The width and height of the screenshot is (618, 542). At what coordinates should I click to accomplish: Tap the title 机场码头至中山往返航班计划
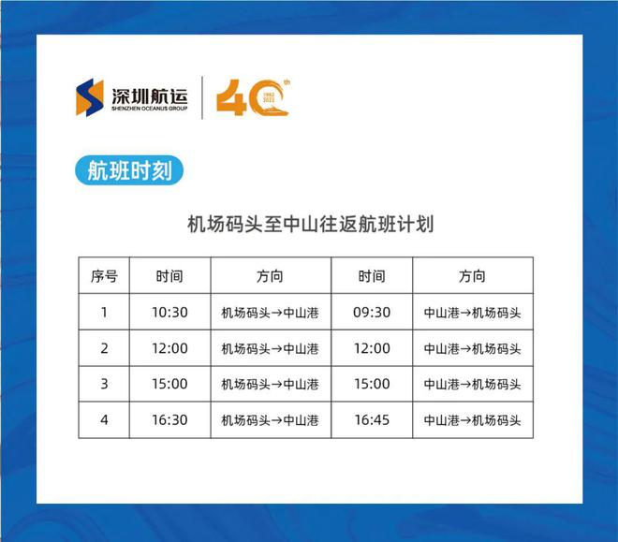coord(310,225)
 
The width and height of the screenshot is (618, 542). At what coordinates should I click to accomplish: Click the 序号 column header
coord(104,276)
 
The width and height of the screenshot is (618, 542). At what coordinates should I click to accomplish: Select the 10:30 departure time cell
coord(169,313)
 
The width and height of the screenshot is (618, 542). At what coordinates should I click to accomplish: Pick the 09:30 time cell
coord(372,313)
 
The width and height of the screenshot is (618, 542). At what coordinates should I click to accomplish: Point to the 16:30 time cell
coord(169,420)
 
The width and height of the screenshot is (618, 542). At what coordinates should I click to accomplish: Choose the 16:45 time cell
coord(372,420)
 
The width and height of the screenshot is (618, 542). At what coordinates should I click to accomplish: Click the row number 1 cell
coord(104,313)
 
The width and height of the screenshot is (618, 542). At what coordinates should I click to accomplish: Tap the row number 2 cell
coord(104,348)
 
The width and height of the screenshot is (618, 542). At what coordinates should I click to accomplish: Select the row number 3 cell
coord(104,384)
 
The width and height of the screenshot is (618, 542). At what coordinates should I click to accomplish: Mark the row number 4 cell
coord(104,420)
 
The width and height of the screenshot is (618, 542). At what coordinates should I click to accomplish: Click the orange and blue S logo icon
coord(91,97)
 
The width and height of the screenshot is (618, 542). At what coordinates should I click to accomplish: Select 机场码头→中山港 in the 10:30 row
coord(271,313)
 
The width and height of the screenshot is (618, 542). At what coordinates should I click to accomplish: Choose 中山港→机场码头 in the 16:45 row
coord(472,420)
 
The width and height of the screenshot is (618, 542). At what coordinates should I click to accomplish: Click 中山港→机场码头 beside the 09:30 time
coord(472,313)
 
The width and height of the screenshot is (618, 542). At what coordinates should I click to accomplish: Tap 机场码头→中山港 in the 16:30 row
coord(271,420)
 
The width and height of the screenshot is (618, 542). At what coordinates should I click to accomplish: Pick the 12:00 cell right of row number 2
coord(169,348)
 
